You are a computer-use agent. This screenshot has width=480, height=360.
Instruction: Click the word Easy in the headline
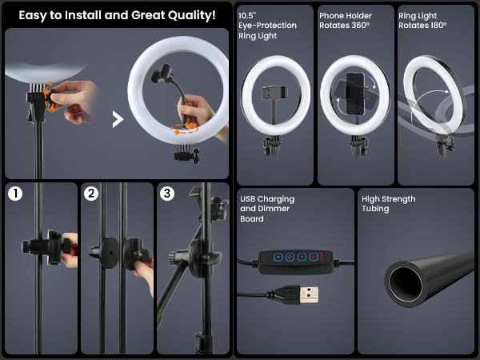pos(36,15)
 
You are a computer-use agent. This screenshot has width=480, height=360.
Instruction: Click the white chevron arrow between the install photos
pos(118,120)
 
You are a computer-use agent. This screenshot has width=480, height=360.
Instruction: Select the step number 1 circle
pos(15,194)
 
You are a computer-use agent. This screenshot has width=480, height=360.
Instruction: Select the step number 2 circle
pos(91,194)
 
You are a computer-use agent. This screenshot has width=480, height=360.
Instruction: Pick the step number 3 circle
pos(166,194)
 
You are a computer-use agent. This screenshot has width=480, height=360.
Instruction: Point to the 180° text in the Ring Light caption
pos(457,26)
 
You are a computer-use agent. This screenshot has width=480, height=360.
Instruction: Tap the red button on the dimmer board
pos(314,258)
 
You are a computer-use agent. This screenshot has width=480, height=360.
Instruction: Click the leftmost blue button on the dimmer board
pos(278,258)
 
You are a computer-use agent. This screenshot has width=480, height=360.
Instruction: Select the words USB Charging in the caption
pos(267,199)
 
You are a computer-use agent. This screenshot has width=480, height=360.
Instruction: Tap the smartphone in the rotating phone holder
pos(356,94)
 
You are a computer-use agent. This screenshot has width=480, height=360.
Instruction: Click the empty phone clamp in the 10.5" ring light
pos(275,92)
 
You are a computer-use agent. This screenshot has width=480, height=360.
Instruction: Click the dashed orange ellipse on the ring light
pos(186,128)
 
